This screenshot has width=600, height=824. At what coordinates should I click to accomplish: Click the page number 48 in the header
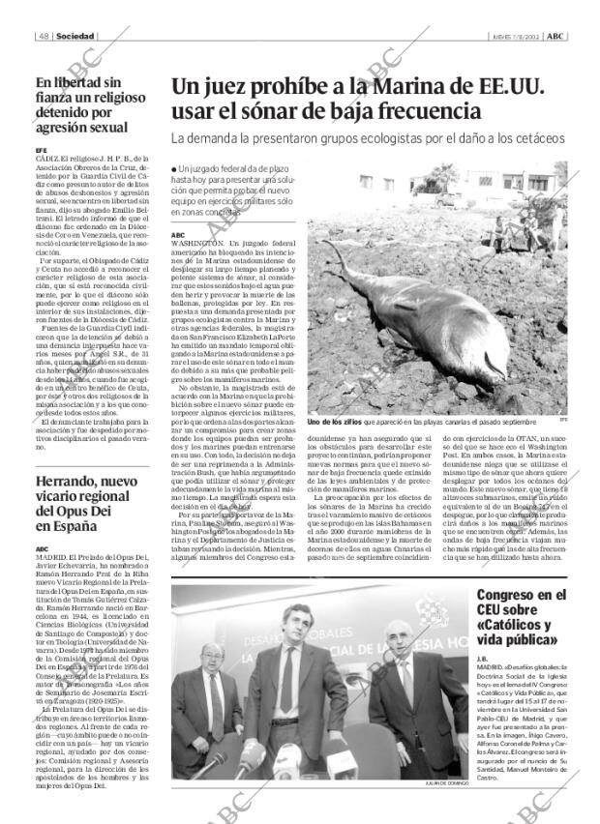[45, 36]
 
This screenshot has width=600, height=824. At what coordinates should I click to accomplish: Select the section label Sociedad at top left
[75, 36]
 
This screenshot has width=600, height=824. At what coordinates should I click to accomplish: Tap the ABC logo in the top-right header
[555, 36]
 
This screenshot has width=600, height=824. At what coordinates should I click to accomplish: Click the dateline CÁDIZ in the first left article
[46, 158]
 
